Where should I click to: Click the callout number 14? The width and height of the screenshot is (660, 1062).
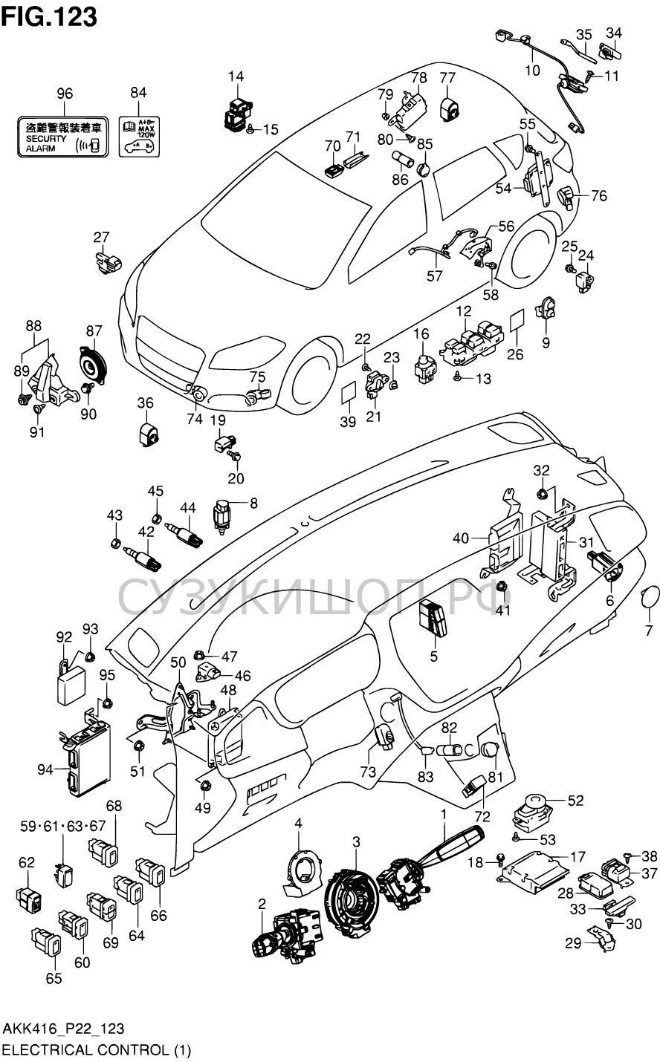pyautogui.click(x=235, y=76)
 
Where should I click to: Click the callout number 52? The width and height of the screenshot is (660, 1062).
pyautogui.click(x=576, y=801)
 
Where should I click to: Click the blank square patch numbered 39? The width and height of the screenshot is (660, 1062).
pyautogui.click(x=349, y=394)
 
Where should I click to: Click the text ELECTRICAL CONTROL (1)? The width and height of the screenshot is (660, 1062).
pyautogui.click(x=97, y=1050)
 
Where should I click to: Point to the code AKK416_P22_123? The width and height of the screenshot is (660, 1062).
pyautogui.click(x=64, y=1029)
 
